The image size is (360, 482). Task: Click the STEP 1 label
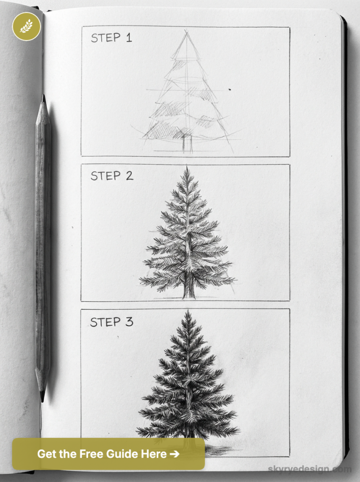coord(112,38)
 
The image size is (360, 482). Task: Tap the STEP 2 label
coord(112,176)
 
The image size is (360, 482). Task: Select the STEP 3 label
coord(112,322)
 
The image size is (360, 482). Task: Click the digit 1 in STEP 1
coord(128,38)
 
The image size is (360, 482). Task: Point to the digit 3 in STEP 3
coord(129,322)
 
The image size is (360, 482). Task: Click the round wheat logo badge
coord(26,26)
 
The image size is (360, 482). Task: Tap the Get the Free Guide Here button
coord(108,454)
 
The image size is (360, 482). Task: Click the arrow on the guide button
coord(174,454)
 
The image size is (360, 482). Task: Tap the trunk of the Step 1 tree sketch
coord(187,143)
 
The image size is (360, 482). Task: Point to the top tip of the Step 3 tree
coord(188,311)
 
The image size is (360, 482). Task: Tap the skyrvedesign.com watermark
coord(309,469)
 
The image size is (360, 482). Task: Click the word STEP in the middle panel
coord(106,176)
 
